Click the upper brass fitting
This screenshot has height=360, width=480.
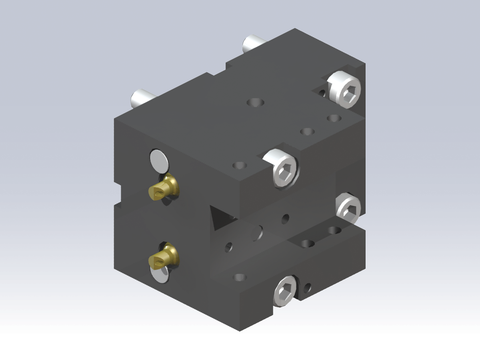(x=162, y=187)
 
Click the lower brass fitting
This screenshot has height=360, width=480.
(x=163, y=258)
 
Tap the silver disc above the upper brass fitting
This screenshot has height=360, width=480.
(x=158, y=159)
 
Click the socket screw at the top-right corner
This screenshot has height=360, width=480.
(x=344, y=89)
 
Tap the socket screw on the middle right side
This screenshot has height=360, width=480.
(x=349, y=206)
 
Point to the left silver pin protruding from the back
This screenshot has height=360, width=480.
(x=140, y=99)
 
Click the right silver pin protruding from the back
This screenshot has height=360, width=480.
(x=251, y=45)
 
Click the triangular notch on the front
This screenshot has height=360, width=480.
(x=215, y=218)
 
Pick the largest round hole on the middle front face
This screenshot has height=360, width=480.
(x=259, y=233)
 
